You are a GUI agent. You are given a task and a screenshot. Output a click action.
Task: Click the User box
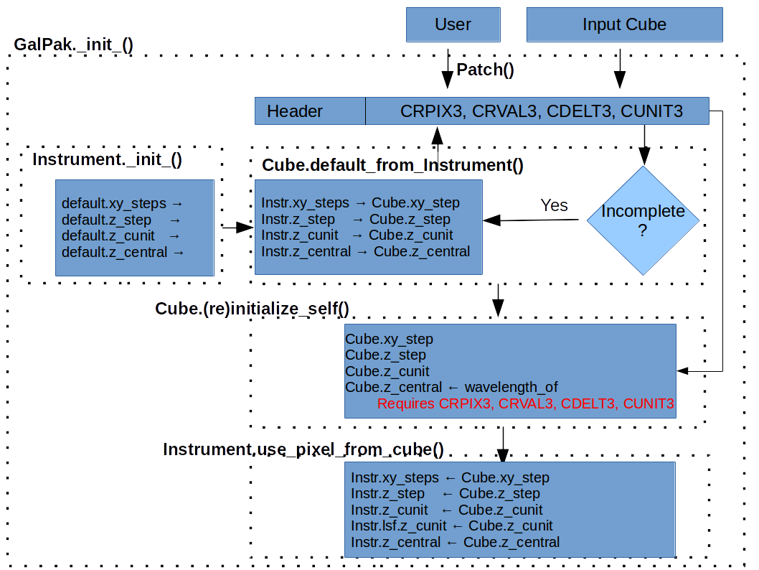453,24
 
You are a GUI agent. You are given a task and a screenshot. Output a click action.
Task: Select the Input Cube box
624,24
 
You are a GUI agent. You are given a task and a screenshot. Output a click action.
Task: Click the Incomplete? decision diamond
643,220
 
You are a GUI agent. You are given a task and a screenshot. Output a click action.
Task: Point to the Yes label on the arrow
554,205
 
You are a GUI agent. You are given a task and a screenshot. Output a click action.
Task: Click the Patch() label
486,70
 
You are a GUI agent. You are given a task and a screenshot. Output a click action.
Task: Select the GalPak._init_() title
74,45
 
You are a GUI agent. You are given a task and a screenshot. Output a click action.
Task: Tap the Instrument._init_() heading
107,159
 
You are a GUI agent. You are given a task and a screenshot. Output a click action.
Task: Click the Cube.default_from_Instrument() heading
392,165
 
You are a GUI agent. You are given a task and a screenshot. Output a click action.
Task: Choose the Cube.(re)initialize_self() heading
252,309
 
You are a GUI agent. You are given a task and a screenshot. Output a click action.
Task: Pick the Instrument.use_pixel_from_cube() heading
303,449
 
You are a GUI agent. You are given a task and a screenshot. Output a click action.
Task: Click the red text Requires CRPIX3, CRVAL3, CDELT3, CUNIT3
526,404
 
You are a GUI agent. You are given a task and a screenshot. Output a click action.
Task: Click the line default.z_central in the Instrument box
123,252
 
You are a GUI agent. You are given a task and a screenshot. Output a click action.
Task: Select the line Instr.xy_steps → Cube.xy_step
360,202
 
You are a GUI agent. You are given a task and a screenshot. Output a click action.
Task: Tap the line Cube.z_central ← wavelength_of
451,388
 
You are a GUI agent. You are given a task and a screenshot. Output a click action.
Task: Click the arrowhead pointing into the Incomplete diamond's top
643,156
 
